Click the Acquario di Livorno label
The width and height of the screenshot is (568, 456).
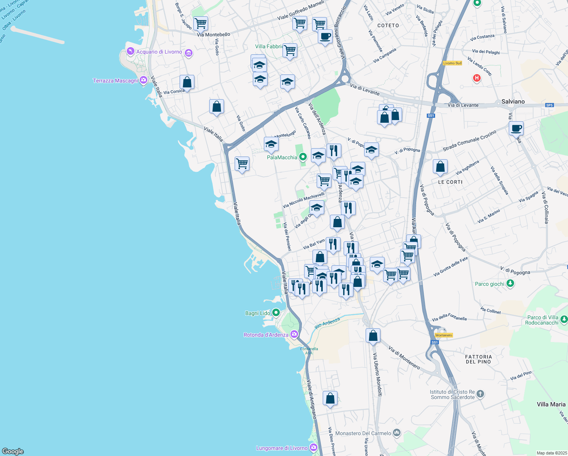click(x=159, y=52)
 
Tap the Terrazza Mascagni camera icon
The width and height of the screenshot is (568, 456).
click(x=143, y=80)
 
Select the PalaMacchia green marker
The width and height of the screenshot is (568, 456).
click(x=303, y=157)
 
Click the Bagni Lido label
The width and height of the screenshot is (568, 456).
click(x=257, y=313)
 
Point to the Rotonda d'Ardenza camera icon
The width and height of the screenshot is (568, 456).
click(x=294, y=334)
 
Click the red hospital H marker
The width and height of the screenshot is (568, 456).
click(x=476, y=78)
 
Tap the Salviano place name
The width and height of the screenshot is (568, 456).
click(x=513, y=101)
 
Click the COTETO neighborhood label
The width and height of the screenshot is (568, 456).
click(x=388, y=25)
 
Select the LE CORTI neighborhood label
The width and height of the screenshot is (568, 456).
click(x=450, y=182)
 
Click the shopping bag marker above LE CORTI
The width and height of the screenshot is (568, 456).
click(x=440, y=166)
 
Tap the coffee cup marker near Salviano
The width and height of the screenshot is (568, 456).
click(x=516, y=128)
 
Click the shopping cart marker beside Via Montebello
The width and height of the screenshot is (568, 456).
click(x=200, y=24)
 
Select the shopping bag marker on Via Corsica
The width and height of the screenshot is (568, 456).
click(x=187, y=82)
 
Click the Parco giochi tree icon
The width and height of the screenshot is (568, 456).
click(x=510, y=283)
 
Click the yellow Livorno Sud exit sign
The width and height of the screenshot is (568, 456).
click(x=452, y=63)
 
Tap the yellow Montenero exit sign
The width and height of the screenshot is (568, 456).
click(x=443, y=335)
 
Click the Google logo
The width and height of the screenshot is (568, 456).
click(x=13, y=451)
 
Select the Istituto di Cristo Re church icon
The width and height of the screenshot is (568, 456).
click(x=480, y=394)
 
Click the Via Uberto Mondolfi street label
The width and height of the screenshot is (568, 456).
click(x=377, y=374)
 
